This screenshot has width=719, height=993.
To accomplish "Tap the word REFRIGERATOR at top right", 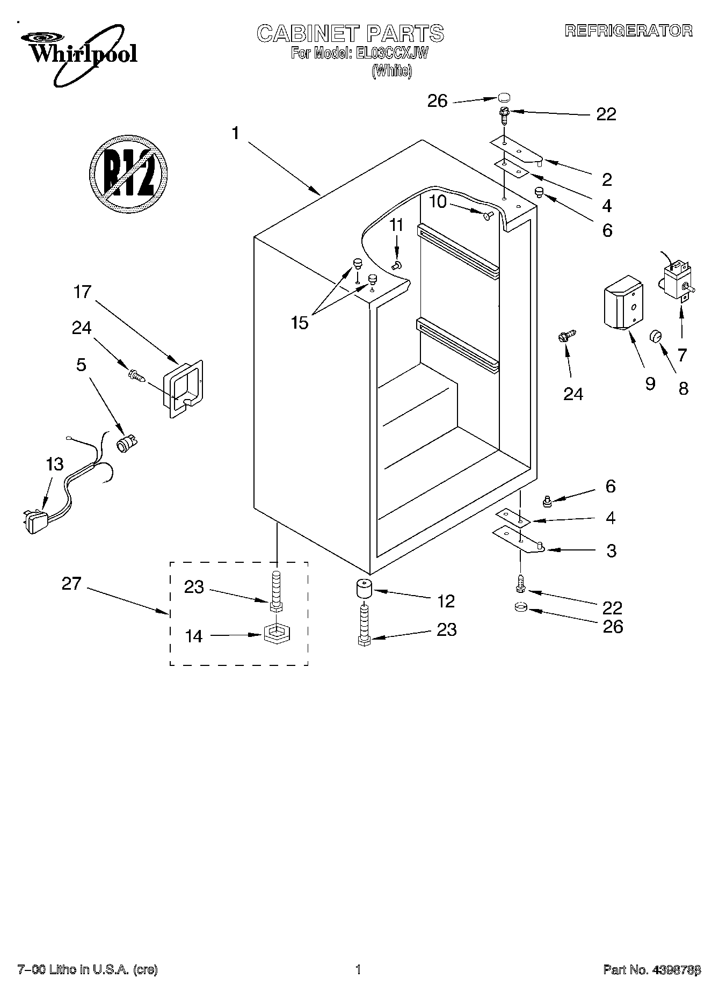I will coord(628,31).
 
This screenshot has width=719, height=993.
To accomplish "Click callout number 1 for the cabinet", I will coord(235,133).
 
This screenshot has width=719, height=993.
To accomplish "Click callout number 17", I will coord(83,293).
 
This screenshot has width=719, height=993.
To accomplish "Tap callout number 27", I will coord(71,583).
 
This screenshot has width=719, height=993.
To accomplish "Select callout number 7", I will coord(682,355).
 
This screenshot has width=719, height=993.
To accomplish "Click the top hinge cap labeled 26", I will coord(503,98).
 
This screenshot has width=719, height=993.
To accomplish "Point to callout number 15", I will coord(300,323).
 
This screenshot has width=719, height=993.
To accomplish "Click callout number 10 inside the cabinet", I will coord(438,202).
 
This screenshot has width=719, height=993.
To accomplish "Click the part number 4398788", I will coord(674,969).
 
